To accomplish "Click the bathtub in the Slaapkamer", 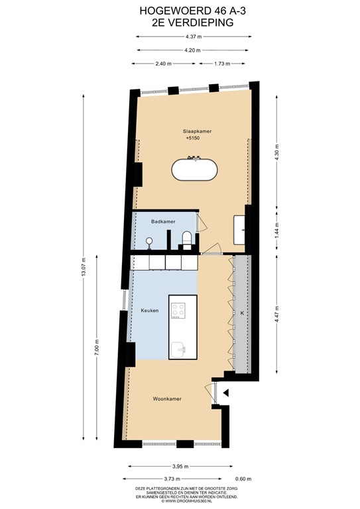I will pos(194,169).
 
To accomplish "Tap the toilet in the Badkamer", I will pos(186,239).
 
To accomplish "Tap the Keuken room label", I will pos(150,310).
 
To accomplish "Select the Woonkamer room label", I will pos(167,399).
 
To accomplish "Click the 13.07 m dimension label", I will pos(84,270).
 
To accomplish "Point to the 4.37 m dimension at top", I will pos(194,36).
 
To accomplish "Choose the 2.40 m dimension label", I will pos(163,64).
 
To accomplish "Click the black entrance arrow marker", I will pos(227,393).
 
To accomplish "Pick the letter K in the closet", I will pos(242,312).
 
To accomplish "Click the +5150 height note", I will pos(192,139).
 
